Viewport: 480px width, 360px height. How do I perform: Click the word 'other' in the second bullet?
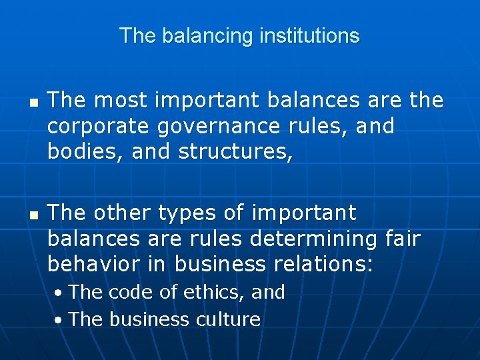(122, 213)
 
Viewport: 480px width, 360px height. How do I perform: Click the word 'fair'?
(403, 239)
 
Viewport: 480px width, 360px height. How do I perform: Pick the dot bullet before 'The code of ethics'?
(59, 293)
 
